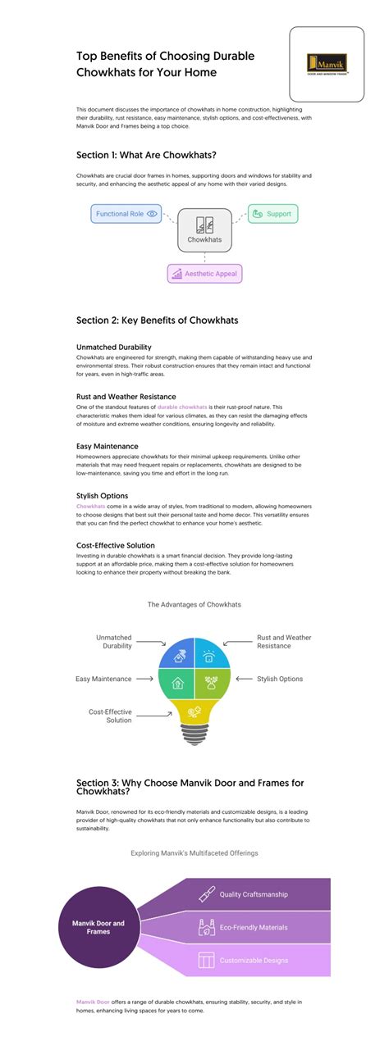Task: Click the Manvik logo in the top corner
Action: pyautogui.click(x=327, y=64)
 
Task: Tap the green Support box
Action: pyautogui.click(x=272, y=214)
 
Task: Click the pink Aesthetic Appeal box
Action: pyautogui.click(x=204, y=273)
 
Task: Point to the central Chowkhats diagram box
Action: pyautogui.click(x=204, y=230)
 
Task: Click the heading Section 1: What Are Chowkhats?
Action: pyautogui.click(x=147, y=154)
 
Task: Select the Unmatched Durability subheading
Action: pyautogui.click(x=113, y=347)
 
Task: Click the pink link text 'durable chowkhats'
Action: pyautogui.click(x=182, y=407)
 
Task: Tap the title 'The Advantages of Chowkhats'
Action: pyautogui.click(x=194, y=604)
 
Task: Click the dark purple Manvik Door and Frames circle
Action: pyautogui.click(x=97, y=928)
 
